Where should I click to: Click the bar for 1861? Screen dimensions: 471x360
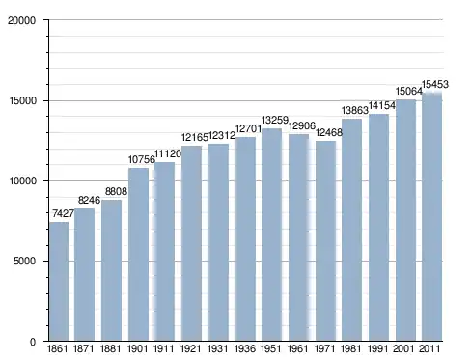[x=59, y=281]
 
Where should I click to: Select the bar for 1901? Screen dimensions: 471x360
[x=138, y=254]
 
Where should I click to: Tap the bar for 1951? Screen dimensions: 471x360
[x=271, y=235]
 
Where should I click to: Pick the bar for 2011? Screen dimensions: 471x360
[x=431, y=216]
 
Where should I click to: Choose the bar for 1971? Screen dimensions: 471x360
[x=325, y=240]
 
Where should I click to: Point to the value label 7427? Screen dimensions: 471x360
[x=63, y=213]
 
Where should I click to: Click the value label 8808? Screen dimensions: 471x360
[x=116, y=191]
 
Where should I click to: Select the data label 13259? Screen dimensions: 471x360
[x=275, y=120]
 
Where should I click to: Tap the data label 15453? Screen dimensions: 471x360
[x=435, y=84]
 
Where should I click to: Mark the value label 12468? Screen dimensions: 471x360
[x=329, y=132]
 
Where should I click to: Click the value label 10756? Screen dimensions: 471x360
[x=142, y=159]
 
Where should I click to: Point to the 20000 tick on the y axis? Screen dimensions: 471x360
[x=21, y=20]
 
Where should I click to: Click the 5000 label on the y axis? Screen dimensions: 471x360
[x=24, y=261]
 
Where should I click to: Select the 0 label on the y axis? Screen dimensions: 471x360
[x=33, y=342]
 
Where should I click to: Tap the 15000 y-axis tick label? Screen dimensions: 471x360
[x=21, y=100]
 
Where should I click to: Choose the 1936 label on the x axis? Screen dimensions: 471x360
[x=245, y=348]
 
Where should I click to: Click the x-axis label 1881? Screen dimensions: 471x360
[x=111, y=348]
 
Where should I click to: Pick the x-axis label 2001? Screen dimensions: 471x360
[x=403, y=348]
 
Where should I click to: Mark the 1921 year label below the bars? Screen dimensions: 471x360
[x=191, y=348]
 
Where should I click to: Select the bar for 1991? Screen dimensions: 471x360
[x=378, y=227]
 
